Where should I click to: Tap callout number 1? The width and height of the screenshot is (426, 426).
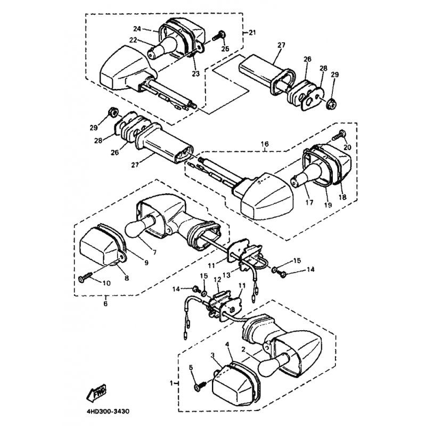click(171, 383)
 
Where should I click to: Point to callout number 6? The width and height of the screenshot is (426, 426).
click(105, 304)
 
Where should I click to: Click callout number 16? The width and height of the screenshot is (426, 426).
click(264, 144)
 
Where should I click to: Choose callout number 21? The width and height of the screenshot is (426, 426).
click(252, 33)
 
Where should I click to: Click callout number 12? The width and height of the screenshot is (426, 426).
click(217, 279)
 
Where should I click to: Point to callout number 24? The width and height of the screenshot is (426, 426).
click(137, 29)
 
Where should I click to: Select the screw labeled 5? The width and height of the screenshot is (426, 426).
click(198, 386)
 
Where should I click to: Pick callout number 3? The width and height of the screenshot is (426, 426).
click(212, 355)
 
